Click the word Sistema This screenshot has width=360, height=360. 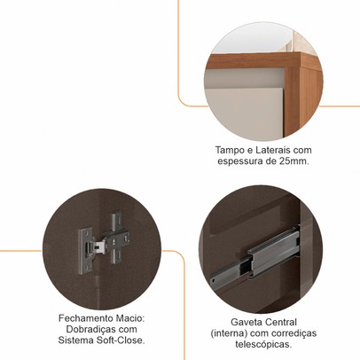76,340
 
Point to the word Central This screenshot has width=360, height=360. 281,322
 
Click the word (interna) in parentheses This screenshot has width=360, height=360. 229,333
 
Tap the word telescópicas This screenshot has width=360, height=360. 263,344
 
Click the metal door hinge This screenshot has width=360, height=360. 104,242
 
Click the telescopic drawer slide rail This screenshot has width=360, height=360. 255,254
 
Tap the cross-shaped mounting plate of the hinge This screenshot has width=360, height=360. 117,237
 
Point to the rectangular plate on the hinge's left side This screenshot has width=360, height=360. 84,251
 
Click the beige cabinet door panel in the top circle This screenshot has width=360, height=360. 245,113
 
